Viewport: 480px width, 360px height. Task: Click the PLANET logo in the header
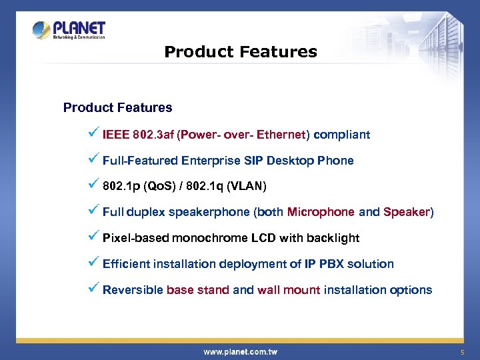point(69,30)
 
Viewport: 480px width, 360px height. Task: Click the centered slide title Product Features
point(240,51)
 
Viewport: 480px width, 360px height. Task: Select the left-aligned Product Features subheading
point(117,107)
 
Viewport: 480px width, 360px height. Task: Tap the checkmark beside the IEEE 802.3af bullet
point(93,133)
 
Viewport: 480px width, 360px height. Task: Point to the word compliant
point(341,135)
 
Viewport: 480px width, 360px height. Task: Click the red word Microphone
point(321,212)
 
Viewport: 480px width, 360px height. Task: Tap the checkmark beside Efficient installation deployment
point(93,263)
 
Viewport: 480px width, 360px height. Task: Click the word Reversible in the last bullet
point(133,290)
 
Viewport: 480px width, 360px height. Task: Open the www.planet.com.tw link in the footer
point(240,351)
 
